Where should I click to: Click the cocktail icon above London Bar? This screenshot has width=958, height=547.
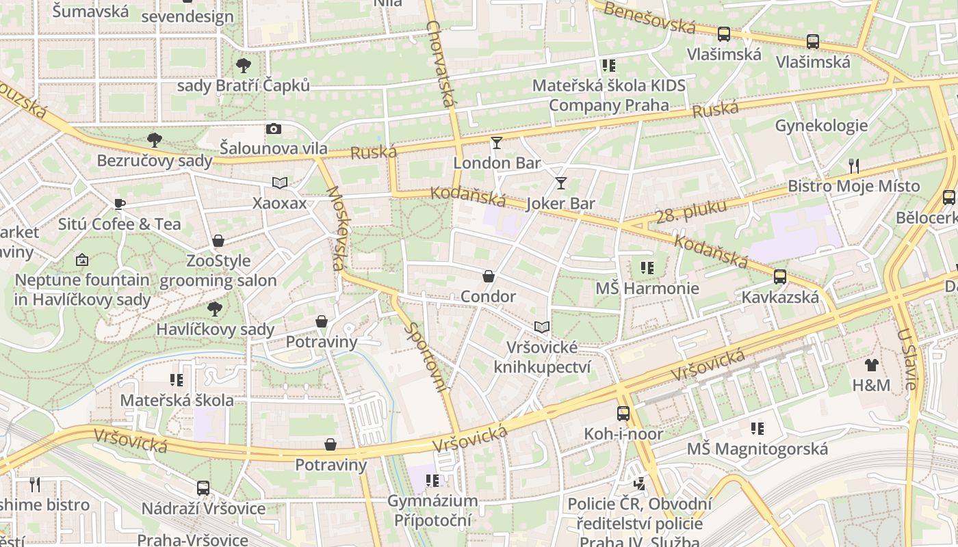click(x=496, y=143)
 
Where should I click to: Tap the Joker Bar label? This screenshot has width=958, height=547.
click(x=560, y=203)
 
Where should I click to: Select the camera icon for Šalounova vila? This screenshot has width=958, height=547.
click(x=273, y=129)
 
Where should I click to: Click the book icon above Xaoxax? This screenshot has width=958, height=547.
click(x=279, y=183)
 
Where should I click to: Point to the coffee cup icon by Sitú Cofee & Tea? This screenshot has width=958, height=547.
click(x=120, y=204)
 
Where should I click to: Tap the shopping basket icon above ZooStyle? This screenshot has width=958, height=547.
click(x=218, y=241)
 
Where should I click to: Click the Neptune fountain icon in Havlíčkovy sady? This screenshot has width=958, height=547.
click(x=81, y=260)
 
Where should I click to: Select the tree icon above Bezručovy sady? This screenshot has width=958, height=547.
click(x=155, y=140)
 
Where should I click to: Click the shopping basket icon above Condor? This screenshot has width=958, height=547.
click(x=489, y=276)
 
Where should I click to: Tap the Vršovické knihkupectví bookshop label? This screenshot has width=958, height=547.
click(x=542, y=357)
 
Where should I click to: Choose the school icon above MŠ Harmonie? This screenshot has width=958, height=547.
click(x=647, y=268)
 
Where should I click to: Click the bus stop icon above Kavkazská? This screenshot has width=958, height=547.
click(x=779, y=277)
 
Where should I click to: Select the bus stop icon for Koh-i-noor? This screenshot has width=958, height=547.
click(x=623, y=414)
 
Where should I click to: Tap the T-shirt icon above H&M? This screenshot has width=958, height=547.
click(x=871, y=365)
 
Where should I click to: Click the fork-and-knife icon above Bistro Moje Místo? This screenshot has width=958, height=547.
click(x=853, y=165)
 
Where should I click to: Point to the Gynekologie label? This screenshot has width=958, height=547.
click(x=821, y=125)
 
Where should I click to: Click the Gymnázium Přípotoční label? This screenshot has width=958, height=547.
click(x=432, y=510)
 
